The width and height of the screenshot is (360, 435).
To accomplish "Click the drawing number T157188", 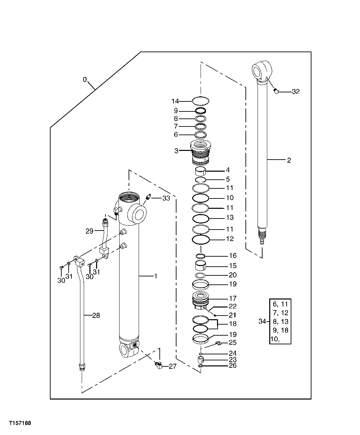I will pos(20,423).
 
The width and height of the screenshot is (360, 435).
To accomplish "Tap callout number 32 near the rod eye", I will pos(296,91).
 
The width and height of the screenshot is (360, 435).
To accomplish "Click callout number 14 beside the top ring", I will pos(175,101).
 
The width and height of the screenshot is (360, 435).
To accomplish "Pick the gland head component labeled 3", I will pos(201,152).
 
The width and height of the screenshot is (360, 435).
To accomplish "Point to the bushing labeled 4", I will pos(201,171).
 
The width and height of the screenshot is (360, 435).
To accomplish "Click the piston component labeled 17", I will pos(201,299).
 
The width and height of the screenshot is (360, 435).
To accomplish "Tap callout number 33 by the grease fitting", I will pos(166,198).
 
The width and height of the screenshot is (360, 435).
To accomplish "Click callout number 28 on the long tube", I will pos(96,316).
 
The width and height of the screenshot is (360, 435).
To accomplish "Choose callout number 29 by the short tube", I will pos(89,231).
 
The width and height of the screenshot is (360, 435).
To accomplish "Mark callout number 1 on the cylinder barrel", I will pos(155,276).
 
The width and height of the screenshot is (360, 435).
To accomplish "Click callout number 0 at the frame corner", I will pos(85,80).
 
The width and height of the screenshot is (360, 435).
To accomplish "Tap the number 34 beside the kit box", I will pos(262,322).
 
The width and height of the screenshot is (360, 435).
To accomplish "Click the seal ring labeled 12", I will pos(201,240).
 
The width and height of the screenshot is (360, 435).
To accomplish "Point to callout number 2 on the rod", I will pos(289,160).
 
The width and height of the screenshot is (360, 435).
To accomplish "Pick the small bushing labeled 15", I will pos(201,267).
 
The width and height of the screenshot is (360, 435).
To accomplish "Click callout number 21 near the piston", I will pos(232,315).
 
